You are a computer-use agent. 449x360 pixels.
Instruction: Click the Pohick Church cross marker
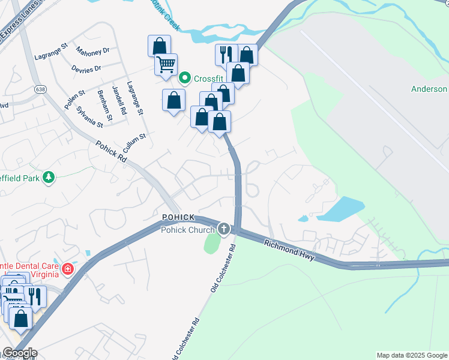click(x=224, y=228)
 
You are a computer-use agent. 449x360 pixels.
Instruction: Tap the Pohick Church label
click(x=187, y=230)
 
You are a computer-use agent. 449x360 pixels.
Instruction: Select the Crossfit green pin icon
click(x=185, y=78)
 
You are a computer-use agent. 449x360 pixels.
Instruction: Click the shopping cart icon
click(x=166, y=63)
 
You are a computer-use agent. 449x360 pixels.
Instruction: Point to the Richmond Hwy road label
click(x=289, y=248)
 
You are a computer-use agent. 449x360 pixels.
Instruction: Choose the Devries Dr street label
click(x=86, y=69)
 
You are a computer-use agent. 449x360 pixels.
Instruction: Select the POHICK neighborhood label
click(x=178, y=216)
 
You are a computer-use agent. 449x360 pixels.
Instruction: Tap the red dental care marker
click(x=68, y=268)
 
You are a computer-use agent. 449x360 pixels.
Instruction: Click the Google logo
click(x=19, y=353)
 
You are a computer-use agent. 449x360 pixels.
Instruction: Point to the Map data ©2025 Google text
click(x=411, y=355)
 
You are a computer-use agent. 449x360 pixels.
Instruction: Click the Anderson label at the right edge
click(x=429, y=89)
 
